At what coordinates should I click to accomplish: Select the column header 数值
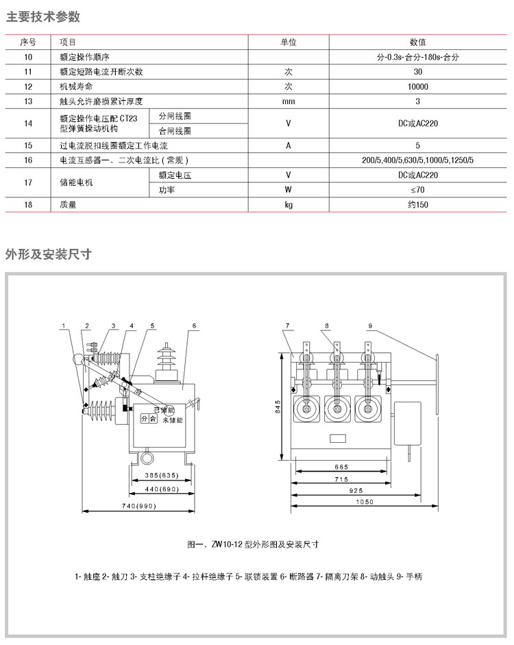(x=417, y=42)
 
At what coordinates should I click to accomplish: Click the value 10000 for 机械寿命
(x=417, y=86)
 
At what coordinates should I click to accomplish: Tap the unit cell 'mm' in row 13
(x=289, y=101)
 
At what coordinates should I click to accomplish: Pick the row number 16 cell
(x=28, y=160)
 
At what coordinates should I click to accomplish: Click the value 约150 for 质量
(x=417, y=204)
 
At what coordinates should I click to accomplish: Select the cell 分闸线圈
(x=175, y=116)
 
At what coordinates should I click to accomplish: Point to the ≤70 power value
(x=417, y=189)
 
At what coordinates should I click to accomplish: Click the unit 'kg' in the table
(x=289, y=204)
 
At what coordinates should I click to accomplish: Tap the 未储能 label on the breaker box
(x=173, y=419)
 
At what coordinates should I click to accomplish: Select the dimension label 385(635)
(x=157, y=475)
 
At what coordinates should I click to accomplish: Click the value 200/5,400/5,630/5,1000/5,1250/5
(x=417, y=160)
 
